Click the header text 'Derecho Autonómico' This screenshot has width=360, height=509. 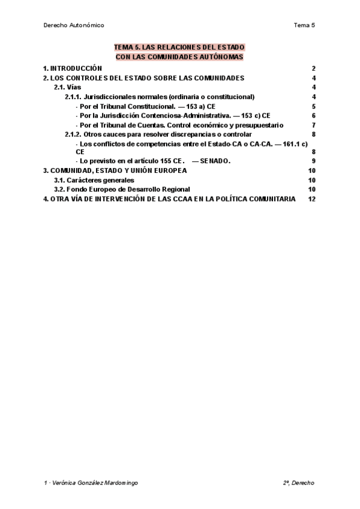click(74, 25)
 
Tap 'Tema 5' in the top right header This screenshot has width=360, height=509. click(304, 25)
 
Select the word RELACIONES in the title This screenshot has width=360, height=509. click(179, 47)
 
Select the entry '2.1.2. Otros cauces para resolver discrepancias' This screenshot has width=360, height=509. click(152, 134)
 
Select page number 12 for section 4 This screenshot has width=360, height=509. click(311, 199)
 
